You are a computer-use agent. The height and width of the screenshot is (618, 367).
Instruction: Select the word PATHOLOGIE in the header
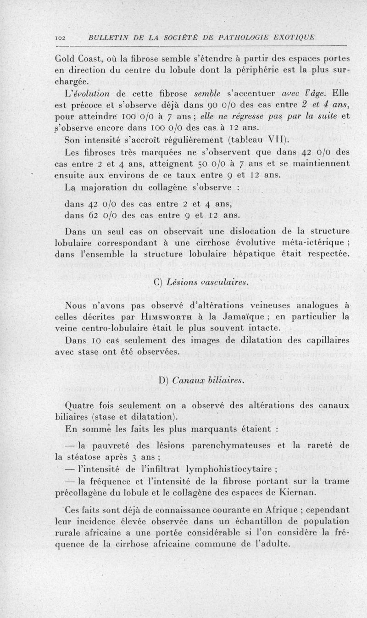(232, 37)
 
